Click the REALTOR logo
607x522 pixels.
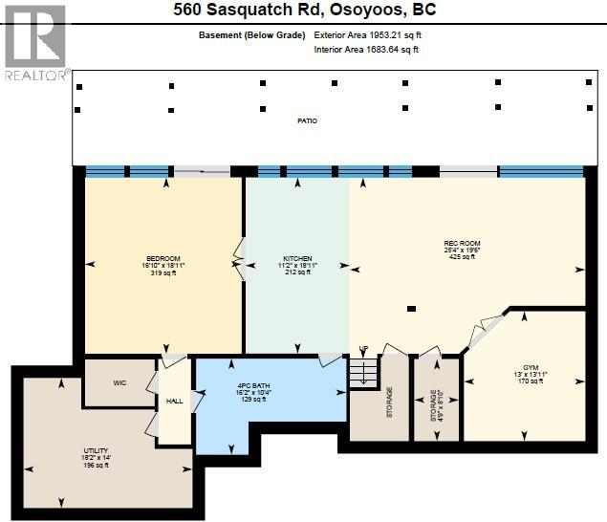click(x=35, y=43)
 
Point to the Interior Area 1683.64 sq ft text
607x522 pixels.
click(x=367, y=50)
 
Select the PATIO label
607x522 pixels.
click(x=306, y=121)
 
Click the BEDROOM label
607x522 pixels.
click(x=163, y=258)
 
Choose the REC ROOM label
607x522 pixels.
click(x=461, y=243)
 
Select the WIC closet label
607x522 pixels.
click(x=119, y=382)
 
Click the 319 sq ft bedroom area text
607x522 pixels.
click(x=163, y=273)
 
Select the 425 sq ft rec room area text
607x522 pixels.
click(x=461, y=258)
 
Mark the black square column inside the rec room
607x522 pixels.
click(x=410, y=309)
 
